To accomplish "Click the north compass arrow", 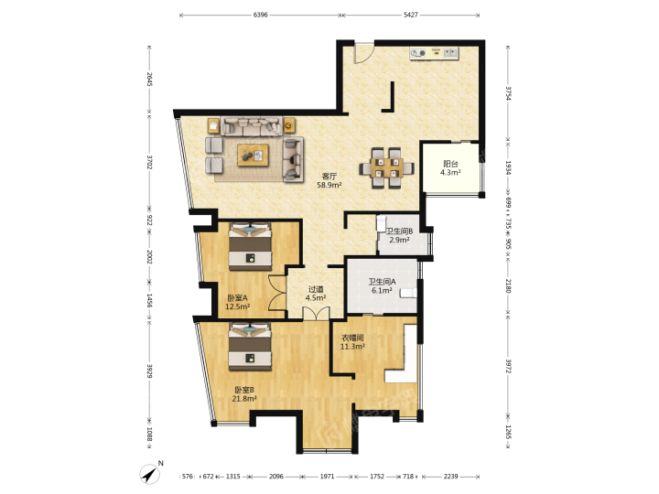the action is [x=149, y=475].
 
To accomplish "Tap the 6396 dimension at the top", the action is [x=261, y=15].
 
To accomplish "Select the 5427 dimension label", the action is [x=411, y=15].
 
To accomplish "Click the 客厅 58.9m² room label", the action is [x=329, y=180].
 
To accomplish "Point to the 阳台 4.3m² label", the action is [x=450, y=168].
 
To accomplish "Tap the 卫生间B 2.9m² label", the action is [x=399, y=236].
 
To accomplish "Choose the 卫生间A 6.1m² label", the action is [x=382, y=286].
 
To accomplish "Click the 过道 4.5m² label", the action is [x=316, y=294].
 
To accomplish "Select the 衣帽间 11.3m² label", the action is [x=352, y=342].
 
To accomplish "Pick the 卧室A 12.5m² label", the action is [x=237, y=302].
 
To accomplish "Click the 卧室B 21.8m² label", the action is [x=244, y=394].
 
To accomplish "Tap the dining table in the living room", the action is [x=386, y=168].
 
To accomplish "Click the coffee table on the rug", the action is [x=253, y=155].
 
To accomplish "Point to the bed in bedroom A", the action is [x=250, y=247].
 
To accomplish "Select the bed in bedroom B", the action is [x=250, y=347].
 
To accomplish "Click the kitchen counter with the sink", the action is [x=435, y=53].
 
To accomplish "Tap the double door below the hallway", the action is [x=316, y=314].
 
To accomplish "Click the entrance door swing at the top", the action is [x=363, y=53].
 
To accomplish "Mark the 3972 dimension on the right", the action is [x=508, y=366].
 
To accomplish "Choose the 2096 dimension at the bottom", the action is [x=276, y=477].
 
